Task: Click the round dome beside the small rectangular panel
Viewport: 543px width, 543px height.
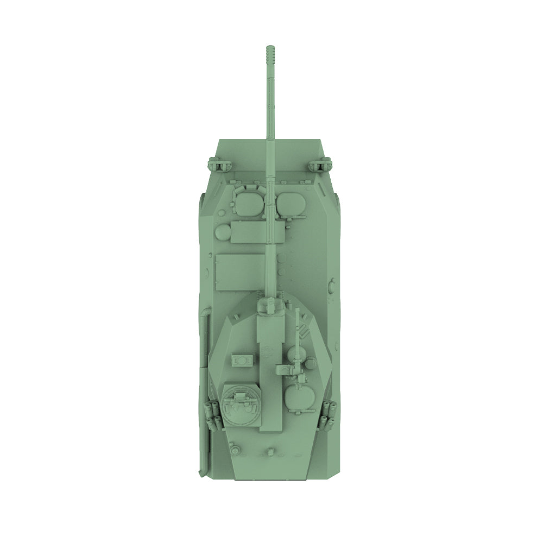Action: tap(222, 233)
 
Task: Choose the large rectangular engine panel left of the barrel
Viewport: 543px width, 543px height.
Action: tap(240, 271)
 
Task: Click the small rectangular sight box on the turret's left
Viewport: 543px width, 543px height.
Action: tap(242, 360)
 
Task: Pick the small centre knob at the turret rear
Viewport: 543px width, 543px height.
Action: tap(270, 451)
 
